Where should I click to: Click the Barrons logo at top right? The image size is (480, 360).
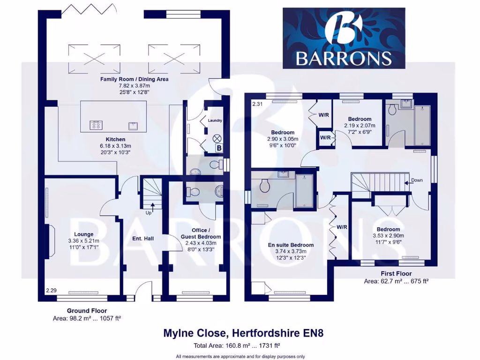pos(344,38)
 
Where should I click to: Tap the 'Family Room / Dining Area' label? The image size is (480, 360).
pos(135,79)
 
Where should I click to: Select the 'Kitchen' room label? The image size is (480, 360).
pos(115,139)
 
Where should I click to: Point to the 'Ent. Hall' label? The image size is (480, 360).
pos(142,239)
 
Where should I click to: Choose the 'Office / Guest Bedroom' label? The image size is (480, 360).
pos(201,233)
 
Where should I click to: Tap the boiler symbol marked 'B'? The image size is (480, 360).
pos(218,149)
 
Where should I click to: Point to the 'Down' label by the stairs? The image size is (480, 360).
pos(416,180)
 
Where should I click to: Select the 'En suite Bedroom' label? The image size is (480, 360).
pos(291,245)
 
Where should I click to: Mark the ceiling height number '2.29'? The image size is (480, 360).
pos(51,291)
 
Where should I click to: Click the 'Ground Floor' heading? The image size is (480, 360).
pos(87,311)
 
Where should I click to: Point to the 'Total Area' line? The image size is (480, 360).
pos(237,346)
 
